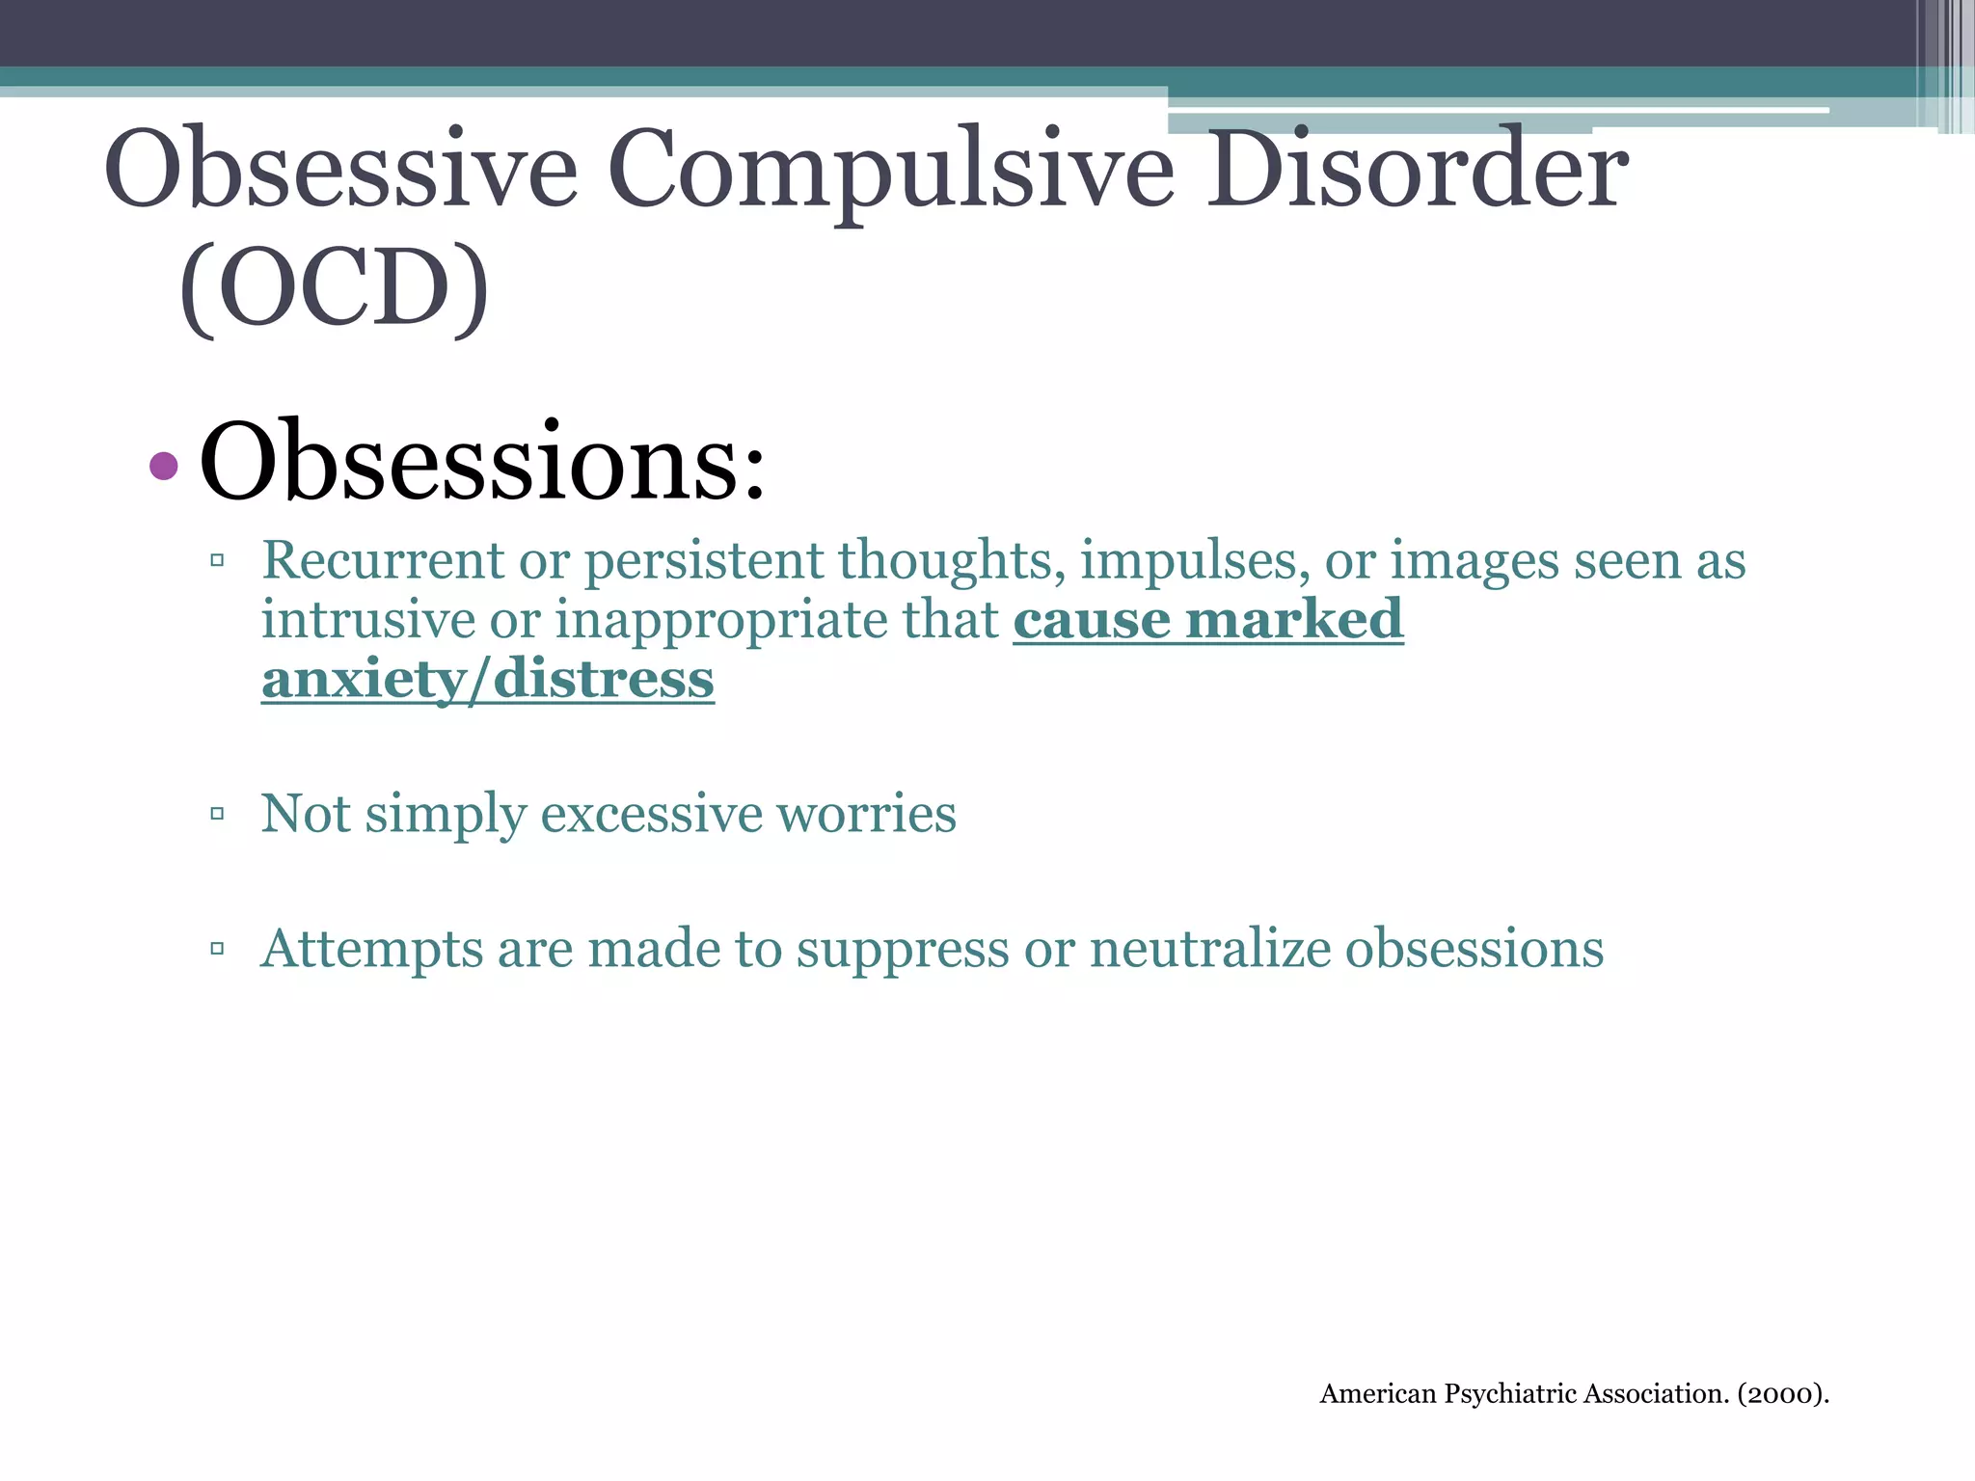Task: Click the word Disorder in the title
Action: [1417, 171]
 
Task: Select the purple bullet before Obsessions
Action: [164, 467]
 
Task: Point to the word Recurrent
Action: [383, 560]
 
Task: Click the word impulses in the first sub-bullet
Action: [1195, 562]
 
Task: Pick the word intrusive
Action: [367, 619]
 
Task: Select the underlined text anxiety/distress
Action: [488, 680]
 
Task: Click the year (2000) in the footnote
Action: [1783, 1394]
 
